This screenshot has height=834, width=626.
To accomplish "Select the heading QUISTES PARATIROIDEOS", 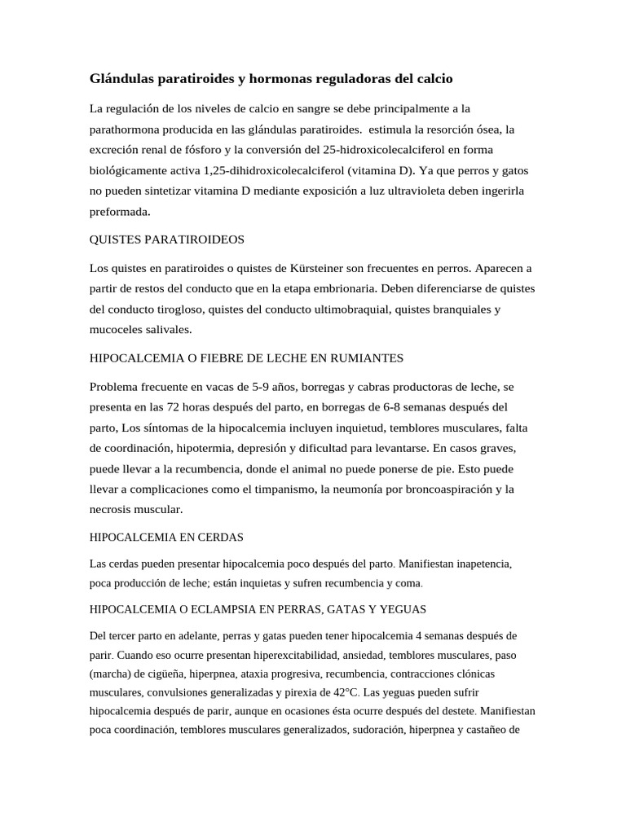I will [166, 239].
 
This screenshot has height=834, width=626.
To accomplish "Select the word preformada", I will [121, 211].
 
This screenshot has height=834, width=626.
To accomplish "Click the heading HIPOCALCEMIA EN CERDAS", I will [166, 538].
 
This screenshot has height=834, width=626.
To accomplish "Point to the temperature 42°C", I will [342, 692].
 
